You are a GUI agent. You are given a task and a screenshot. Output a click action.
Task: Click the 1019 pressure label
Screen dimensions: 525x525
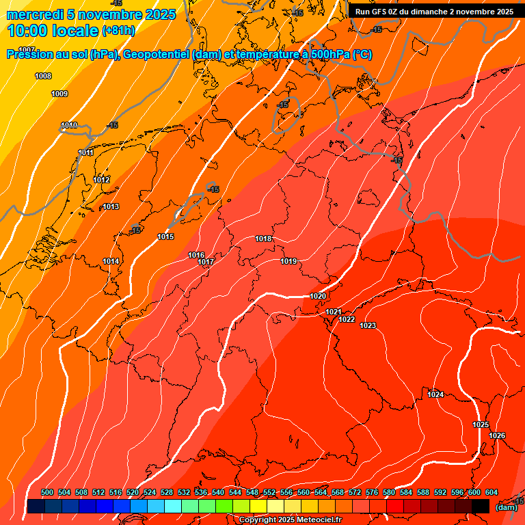coord(288,261)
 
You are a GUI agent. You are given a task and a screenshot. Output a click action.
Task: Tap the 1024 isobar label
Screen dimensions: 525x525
coord(435,394)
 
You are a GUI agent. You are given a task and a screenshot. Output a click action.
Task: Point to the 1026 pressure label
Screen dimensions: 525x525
coord(498,435)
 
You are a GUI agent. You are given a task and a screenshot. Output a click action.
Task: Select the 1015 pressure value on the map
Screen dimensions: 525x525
coord(165,237)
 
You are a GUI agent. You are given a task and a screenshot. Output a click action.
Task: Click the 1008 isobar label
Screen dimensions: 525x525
coord(42,76)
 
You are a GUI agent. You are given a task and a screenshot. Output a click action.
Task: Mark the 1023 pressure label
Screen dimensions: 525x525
coord(368,325)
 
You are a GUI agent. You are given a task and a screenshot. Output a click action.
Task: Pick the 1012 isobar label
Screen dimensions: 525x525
coord(101,180)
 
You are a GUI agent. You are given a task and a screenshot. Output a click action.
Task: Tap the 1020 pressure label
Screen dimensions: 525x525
coord(318,296)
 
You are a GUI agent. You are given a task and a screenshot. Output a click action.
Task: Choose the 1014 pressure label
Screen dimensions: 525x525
coord(111,261)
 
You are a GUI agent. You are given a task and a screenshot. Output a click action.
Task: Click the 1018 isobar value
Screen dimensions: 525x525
coord(263,239)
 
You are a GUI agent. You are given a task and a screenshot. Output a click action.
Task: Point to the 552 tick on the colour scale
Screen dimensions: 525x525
coord(269,492)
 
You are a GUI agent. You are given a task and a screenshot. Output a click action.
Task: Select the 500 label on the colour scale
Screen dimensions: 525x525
coord(47,492)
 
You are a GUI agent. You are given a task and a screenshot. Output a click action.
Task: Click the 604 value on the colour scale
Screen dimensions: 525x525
coord(491,492)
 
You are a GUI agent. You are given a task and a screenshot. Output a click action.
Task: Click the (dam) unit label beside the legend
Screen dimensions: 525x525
coord(506,507)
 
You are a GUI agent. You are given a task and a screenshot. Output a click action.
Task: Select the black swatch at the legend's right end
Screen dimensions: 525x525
coord(481,506)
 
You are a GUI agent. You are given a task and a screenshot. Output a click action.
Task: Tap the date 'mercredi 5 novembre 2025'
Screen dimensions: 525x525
coord(91,14)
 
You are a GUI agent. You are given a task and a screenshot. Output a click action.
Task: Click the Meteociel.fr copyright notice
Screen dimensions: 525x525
coord(290,520)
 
